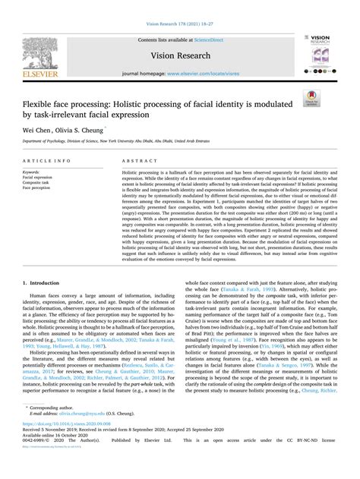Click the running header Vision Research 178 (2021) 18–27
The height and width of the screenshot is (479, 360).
(180, 6)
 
